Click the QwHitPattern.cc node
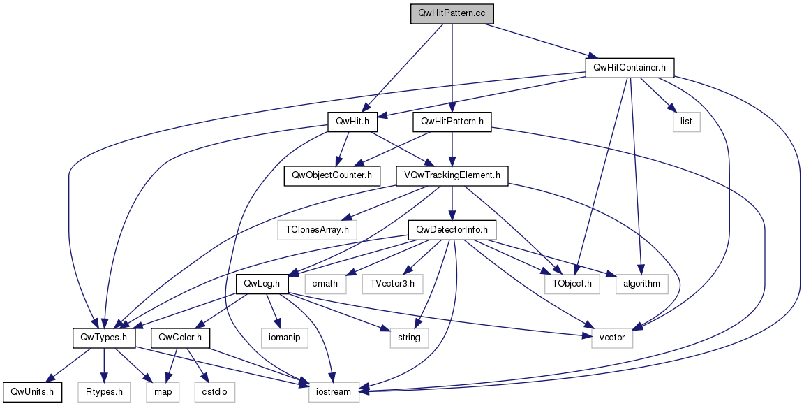pyautogui.click(x=452, y=14)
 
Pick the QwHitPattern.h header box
pyautogui.click(x=452, y=122)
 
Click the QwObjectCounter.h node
pyautogui.click(x=332, y=175)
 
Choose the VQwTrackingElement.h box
pyautogui.click(x=452, y=175)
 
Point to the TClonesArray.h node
pyautogui.click(x=317, y=229)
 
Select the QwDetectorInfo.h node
pyautogui.click(x=452, y=229)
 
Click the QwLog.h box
pyautogui.click(x=262, y=284)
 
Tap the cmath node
pyautogui.click(x=326, y=284)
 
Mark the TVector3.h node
pyautogui.click(x=392, y=284)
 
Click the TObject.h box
pyautogui.click(x=572, y=284)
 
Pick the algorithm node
pyautogui.click(x=642, y=284)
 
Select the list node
pyautogui.click(x=686, y=122)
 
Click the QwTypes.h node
pyautogui.click(x=104, y=338)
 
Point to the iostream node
pyautogui.click(x=334, y=392)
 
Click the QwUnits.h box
pyautogui.click(x=33, y=392)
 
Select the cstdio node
pyautogui.click(x=215, y=392)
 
